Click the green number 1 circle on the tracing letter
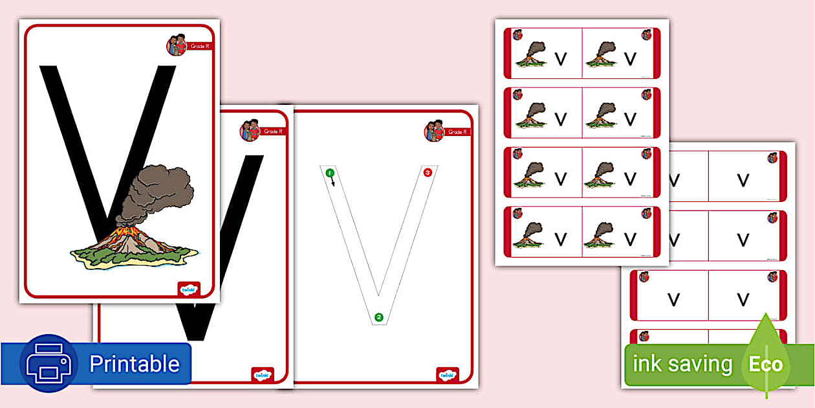click(x=330, y=173)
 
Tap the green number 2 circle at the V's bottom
click(x=378, y=317)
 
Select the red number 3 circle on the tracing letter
click(x=428, y=173)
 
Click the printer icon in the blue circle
click(x=49, y=364)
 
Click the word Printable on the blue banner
click(x=134, y=364)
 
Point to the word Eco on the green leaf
click(x=766, y=364)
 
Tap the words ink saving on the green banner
click(x=682, y=364)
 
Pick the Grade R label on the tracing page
click(x=457, y=132)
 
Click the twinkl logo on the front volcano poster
click(x=189, y=289)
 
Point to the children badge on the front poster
click(x=177, y=45)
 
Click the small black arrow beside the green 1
click(x=334, y=182)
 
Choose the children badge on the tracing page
click(x=434, y=131)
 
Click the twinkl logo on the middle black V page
click(x=262, y=374)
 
